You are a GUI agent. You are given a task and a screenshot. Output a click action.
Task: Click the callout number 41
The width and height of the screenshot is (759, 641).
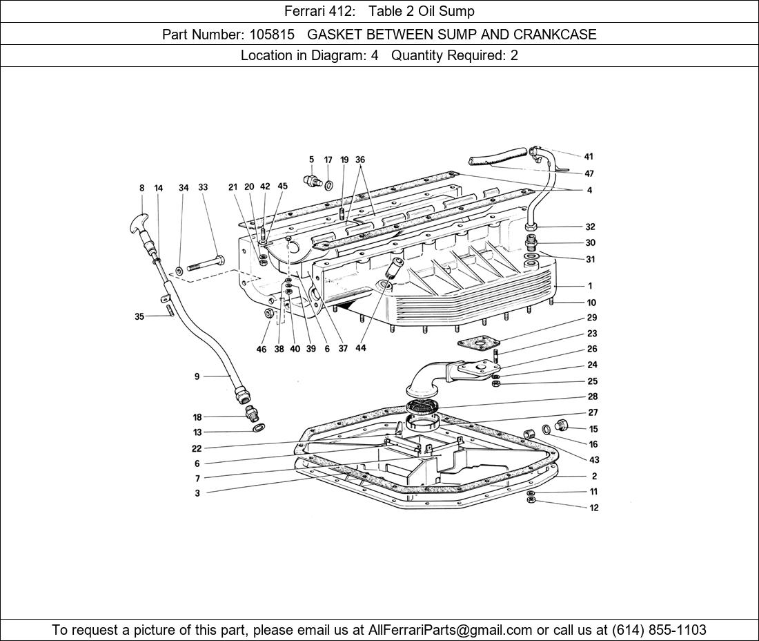(x=589, y=157)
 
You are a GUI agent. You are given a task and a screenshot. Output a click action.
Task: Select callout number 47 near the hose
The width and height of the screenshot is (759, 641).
(x=589, y=173)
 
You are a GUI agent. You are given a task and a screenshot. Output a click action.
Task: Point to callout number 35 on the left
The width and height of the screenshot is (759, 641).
(x=139, y=317)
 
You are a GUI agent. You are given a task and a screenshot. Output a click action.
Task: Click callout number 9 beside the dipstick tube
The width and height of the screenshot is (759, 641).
(x=197, y=376)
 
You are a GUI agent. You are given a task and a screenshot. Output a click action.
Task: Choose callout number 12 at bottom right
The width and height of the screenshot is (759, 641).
(x=594, y=508)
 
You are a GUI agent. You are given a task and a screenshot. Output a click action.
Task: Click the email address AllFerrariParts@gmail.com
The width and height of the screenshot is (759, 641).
(x=451, y=630)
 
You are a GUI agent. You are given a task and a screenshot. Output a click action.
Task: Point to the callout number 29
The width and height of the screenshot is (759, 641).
(x=592, y=318)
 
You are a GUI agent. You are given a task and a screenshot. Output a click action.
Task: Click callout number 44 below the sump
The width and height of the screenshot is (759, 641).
(x=361, y=348)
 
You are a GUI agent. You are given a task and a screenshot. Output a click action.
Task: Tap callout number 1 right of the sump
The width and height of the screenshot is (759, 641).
(x=590, y=285)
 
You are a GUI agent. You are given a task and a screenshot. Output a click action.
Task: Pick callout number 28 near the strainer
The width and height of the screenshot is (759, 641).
(x=593, y=396)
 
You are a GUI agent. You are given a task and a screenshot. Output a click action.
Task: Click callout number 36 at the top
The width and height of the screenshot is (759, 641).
(x=360, y=160)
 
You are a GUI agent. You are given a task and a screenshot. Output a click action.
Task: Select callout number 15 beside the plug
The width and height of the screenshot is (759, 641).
(x=593, y=429)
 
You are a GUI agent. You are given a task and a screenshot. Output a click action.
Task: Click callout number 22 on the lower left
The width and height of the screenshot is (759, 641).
(x=197, y=448)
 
